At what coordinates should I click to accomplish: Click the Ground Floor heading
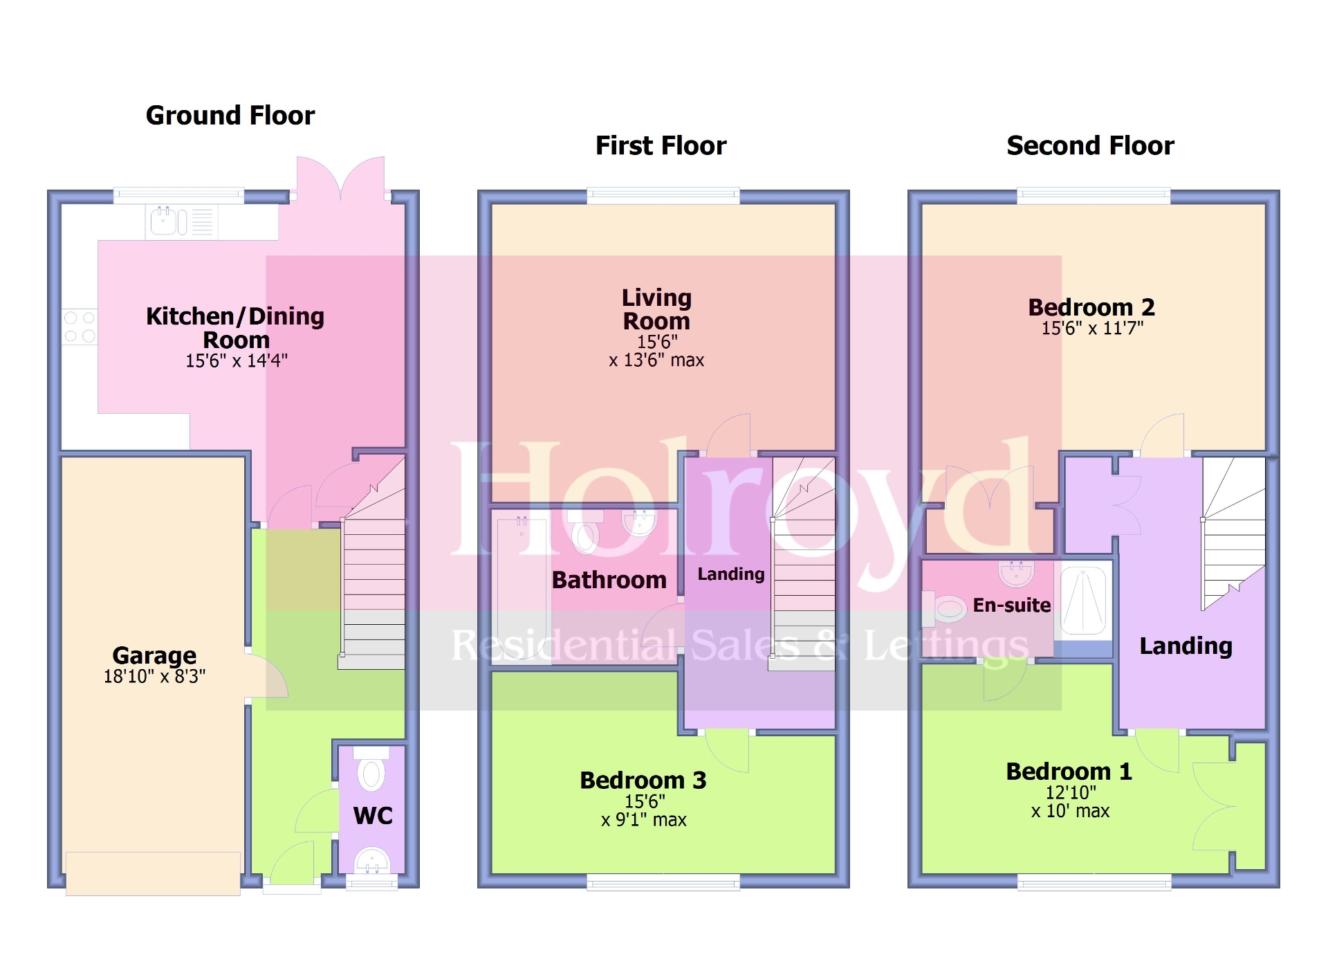pos(230,116)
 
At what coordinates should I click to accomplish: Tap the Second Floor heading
pos(1090,146)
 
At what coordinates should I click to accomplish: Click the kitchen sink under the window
pos(165,221)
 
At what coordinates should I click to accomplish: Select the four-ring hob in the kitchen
pos(80,327)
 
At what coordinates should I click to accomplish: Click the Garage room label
pos(154,655)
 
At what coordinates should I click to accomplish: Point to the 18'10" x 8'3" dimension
pos(154,677)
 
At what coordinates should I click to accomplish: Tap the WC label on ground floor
pos(373,816)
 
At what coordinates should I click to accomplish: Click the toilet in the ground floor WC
pos(371,772)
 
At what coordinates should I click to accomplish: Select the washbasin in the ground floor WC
pos(372,860)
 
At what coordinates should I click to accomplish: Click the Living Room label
pos(656,309)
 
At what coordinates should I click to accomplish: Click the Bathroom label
pos(609,580)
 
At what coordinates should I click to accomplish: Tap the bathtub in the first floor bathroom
pos(522,588)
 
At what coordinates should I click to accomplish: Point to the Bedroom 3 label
pos(643,781)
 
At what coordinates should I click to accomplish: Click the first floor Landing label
pos(730,574)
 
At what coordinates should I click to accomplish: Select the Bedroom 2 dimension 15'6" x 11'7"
pos(1092,329)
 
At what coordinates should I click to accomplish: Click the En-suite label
pos(1011,605)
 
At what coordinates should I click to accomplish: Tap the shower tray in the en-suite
pos(1083,601)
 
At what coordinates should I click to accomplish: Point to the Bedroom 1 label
pos(1069,772)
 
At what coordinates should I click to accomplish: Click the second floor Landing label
pos(1186,646)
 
